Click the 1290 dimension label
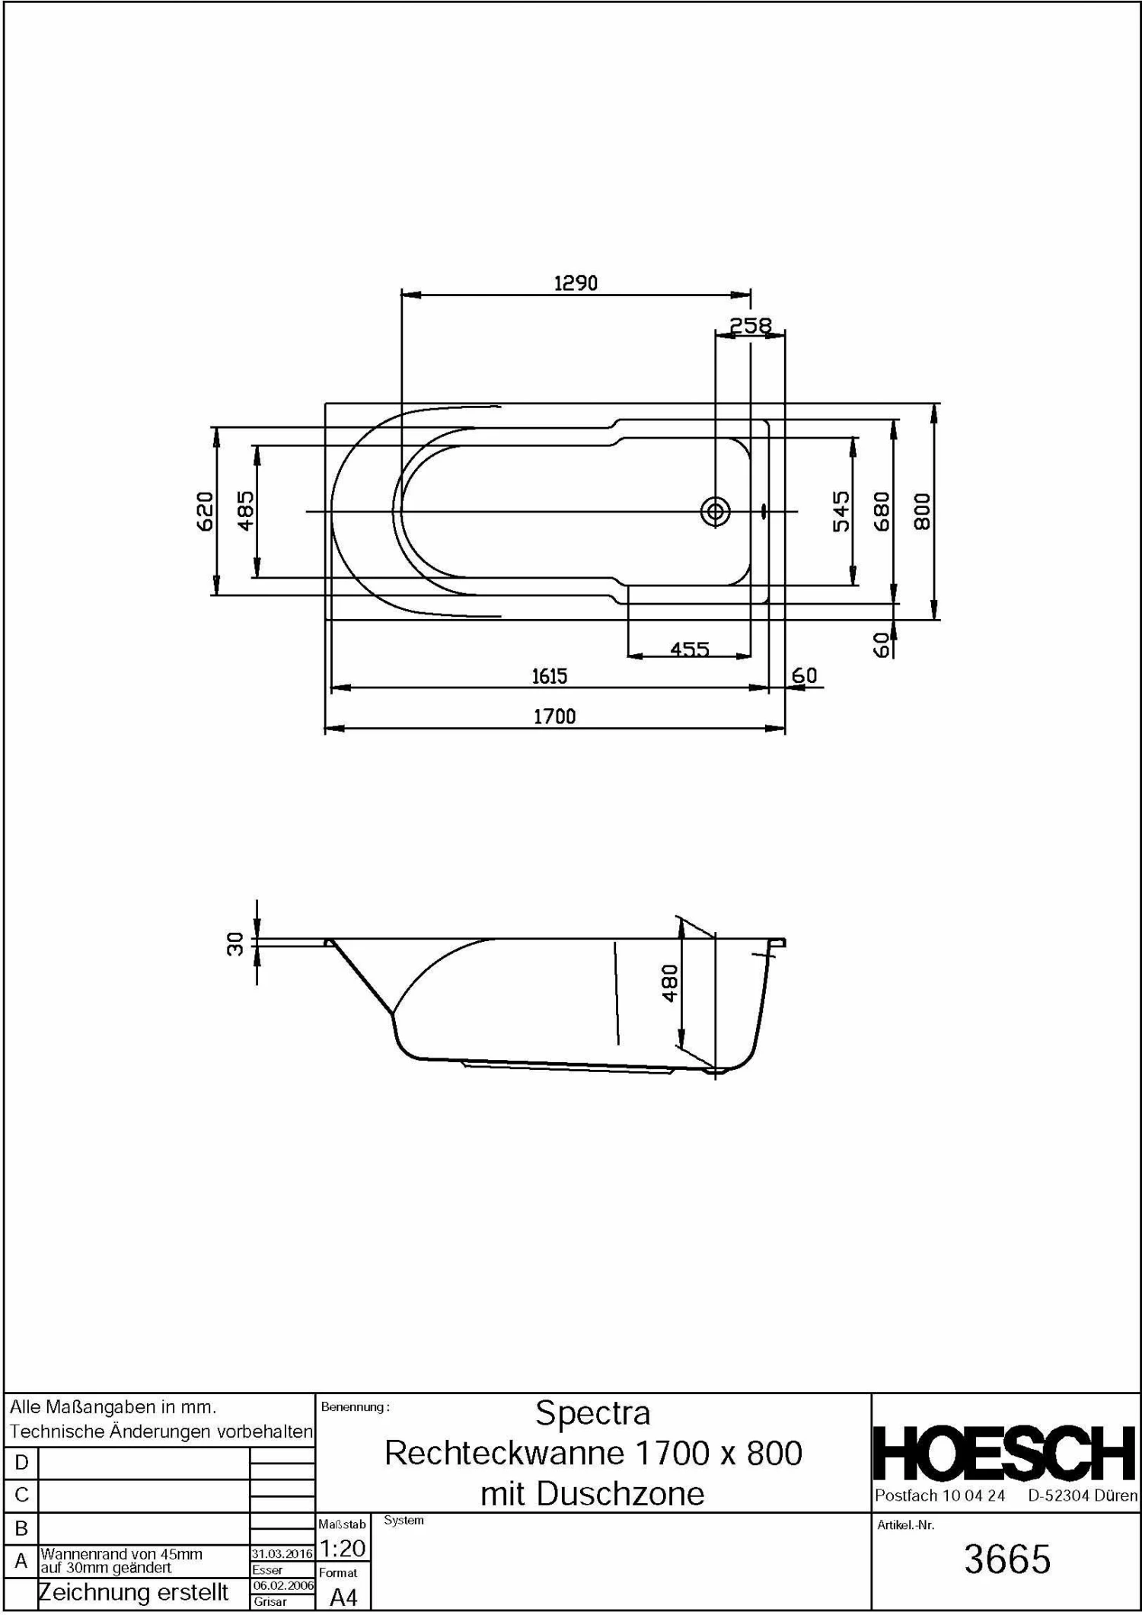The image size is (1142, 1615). [x=576, y=283]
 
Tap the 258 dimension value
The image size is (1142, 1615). [x=751, y=326]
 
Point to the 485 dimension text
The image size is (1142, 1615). [x=246, y=511]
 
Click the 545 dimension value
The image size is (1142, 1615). [x=841, y=511]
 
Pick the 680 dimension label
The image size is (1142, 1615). [x=882, y=511]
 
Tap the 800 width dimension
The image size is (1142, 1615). [x=922, y=511]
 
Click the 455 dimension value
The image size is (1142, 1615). [x=690, y=649]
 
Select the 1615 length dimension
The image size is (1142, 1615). [x=549, y=676]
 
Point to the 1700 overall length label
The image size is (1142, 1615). [x=554, y=717]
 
